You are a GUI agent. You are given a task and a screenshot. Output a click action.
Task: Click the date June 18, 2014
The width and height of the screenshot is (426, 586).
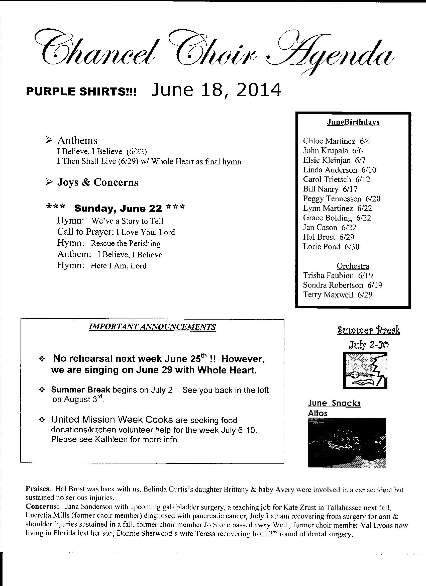pyautogui.click(x=216, y=90)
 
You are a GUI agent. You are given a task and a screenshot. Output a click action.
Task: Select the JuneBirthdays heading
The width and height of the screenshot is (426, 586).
pyautogui.click(x=353, y=122)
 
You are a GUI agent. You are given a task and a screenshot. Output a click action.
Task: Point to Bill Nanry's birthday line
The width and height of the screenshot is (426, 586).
pyautogui.click(x=330, y=189)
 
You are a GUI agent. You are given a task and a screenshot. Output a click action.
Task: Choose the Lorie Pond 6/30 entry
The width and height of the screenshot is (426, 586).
pyautogui.click(x=331, y=247)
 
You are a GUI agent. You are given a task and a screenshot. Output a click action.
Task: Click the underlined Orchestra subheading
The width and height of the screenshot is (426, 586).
pyautogui.click(x=353, y=266)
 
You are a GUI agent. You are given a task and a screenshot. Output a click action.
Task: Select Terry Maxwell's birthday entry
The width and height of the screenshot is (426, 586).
pyautogui.click(x=338, y=295)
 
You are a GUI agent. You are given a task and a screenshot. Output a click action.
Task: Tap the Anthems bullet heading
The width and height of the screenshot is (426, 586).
pyautogui.click(x=77, y=141)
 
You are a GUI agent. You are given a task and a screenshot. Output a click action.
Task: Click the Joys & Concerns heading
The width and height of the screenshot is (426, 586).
pyautogui.click(x=97, y=182)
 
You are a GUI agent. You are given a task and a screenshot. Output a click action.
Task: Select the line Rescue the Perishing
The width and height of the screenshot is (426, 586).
pyautogui.click(x=125, y=244)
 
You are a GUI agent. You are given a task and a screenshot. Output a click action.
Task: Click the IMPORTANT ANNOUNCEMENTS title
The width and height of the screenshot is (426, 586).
pyautogui.click(x=152, y=327)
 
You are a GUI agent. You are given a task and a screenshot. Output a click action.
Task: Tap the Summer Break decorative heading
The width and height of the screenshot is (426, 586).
pyautogui.click(x=369, y=330)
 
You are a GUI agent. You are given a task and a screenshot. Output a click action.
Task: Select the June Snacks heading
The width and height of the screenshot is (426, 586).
pyautogui.click(x=334, y=403)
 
